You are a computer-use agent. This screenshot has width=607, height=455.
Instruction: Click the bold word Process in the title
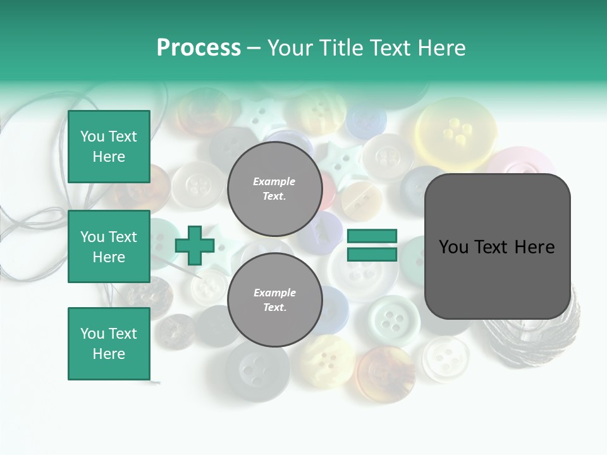pos(199,47)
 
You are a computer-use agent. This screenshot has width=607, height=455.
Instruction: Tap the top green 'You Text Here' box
pos(109,147)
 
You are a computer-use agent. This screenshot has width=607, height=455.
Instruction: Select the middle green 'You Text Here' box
pos(109,246)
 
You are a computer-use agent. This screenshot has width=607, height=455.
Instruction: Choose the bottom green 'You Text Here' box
pos(109,343)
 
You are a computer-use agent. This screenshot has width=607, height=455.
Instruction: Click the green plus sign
pos(195,245)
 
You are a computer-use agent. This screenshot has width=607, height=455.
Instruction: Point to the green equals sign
pos(372,245)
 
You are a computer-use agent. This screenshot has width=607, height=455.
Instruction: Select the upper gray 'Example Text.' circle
pos(274,188)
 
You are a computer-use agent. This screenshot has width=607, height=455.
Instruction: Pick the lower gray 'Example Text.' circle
pos(274,300)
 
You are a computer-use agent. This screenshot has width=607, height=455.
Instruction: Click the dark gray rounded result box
pos(497,246)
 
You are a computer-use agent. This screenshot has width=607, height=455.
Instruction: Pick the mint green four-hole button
pos(393,321)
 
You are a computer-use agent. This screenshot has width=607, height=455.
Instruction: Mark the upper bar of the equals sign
pos(372,236)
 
